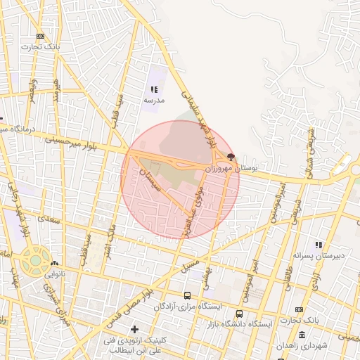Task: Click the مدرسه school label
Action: pyautogui.click(x=153, y=101)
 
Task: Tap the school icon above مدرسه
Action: pyautogui.click(x=154, y=89)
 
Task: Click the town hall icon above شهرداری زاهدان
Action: pyautogui.click(x=302, y=335)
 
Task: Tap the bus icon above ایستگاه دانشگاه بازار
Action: pyautogui.click(x=240, y=314)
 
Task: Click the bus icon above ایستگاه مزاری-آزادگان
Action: pyautogui.click(x=187, y=296)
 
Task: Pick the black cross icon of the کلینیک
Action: pyautogui.click(x=134, y=329)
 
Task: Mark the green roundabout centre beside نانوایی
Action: pyautogui.click(x=35, y=260)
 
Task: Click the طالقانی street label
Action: pyautogui.click(x=290, y=266)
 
